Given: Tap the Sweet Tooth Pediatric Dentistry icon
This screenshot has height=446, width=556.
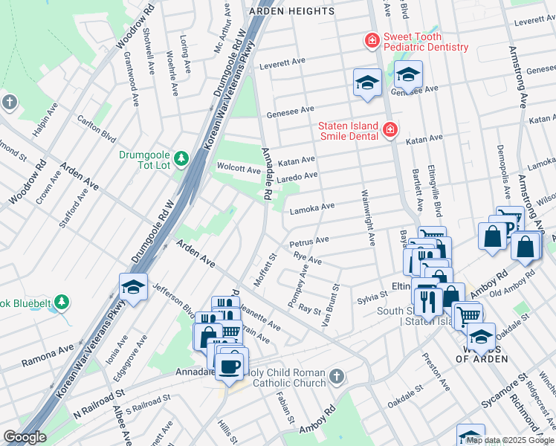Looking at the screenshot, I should click(x=370, y=40).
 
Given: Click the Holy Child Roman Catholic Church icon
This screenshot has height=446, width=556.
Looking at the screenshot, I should click(x=337, y=376).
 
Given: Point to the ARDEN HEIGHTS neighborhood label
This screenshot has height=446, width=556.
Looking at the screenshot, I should click(x=292, y=11).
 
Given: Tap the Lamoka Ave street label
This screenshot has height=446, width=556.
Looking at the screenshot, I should click(x=313, y=206).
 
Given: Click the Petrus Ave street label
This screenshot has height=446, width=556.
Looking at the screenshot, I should click(x=309, y=242).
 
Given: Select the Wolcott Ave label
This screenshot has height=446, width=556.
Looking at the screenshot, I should click(x=238, y=168).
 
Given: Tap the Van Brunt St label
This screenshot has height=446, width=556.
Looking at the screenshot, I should click(x=332, y=305).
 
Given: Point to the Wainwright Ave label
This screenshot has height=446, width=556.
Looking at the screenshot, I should click(x=368, y=216).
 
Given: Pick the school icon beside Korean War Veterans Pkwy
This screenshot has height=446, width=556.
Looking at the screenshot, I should click(x=133, y=287).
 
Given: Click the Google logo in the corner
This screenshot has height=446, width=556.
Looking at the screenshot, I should click(x=25, y=437).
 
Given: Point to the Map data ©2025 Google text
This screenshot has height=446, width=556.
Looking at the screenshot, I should click(x=509, y=440).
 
